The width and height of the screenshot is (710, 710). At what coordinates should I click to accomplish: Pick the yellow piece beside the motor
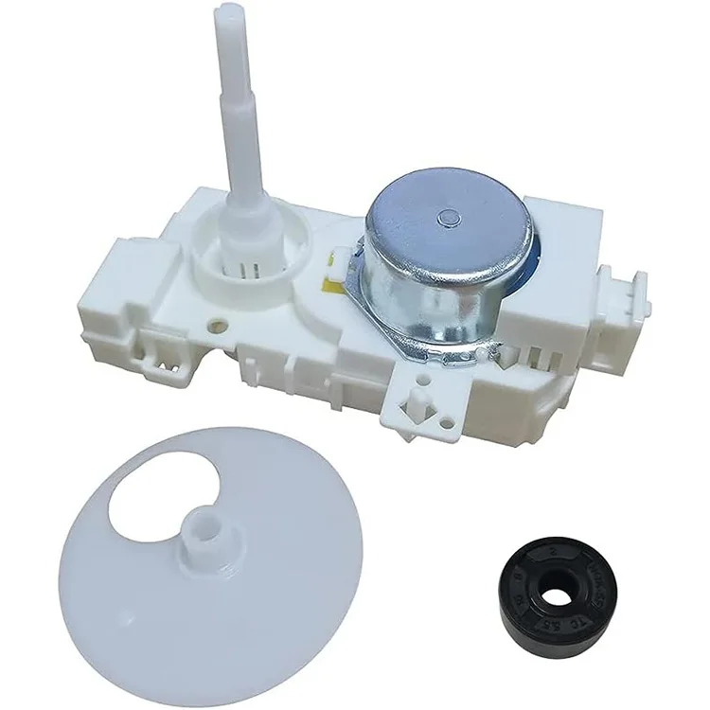[338, 253]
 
